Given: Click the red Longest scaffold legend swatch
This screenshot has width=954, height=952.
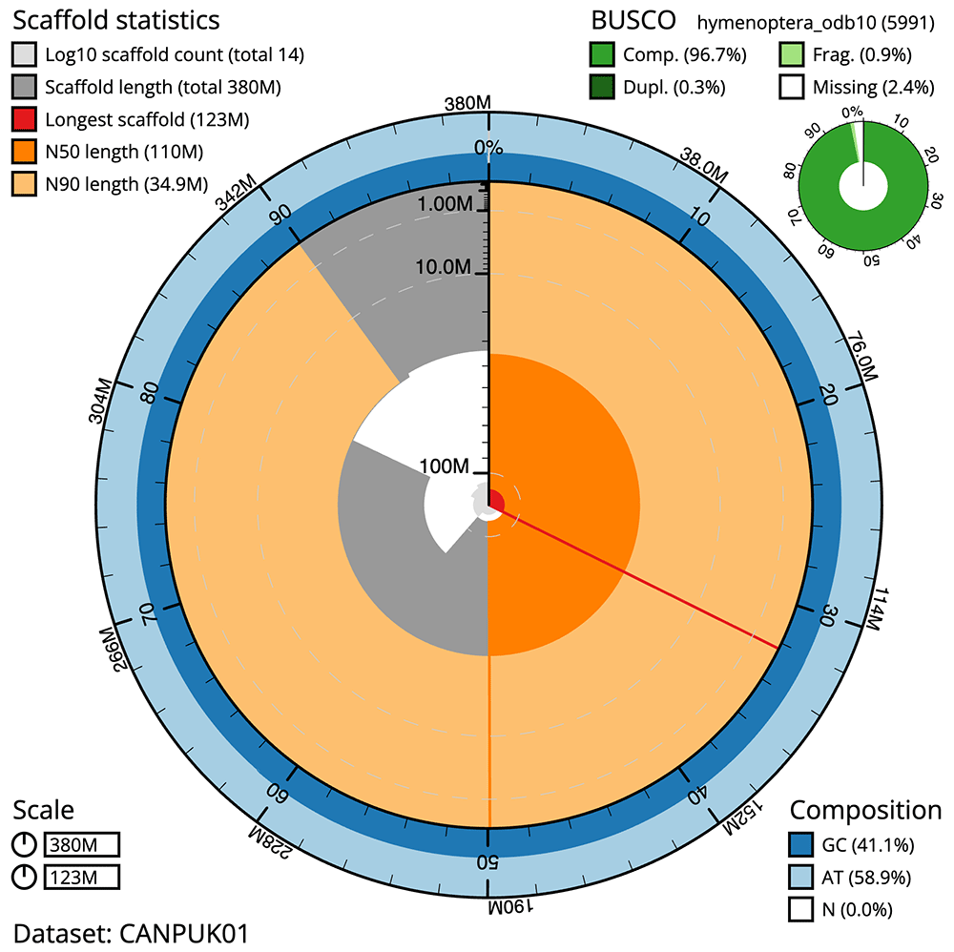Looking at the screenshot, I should coord(26,119).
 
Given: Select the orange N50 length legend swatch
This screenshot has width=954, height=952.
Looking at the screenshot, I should coord(26,152).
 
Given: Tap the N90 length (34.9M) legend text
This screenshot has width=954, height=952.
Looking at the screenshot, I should coord(126,184).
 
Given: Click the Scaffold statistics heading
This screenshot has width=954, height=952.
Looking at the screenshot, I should coord(115,19).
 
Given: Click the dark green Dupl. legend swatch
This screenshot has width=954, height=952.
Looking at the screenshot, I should coord(602,87).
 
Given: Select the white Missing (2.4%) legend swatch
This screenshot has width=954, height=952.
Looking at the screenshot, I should coord(791,87).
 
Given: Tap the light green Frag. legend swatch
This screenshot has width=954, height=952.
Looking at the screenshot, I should coord(791,54).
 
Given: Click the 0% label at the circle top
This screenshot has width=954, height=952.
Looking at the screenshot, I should coord(488,147).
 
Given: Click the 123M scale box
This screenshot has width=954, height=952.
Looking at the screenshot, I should coord(81,877).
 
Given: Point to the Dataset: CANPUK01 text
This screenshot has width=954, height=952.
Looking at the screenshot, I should coord(131,932).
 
